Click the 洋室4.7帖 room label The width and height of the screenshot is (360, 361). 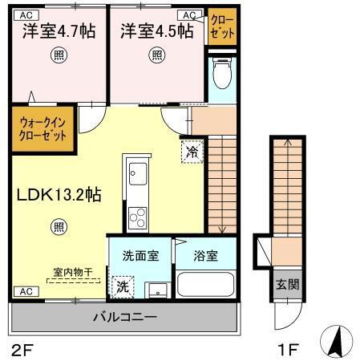[58, 31]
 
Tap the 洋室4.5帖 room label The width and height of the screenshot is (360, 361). [156, 31]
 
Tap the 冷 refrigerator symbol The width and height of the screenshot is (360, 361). [192, 150]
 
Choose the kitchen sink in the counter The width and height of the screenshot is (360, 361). [136, 174]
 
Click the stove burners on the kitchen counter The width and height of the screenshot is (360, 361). [136, 216]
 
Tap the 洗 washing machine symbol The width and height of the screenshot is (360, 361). [123, 285]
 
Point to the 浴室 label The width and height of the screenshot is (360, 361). [206, 256]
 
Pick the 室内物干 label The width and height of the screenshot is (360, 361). [72, 273]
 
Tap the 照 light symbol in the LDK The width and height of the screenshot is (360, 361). [59, 226]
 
